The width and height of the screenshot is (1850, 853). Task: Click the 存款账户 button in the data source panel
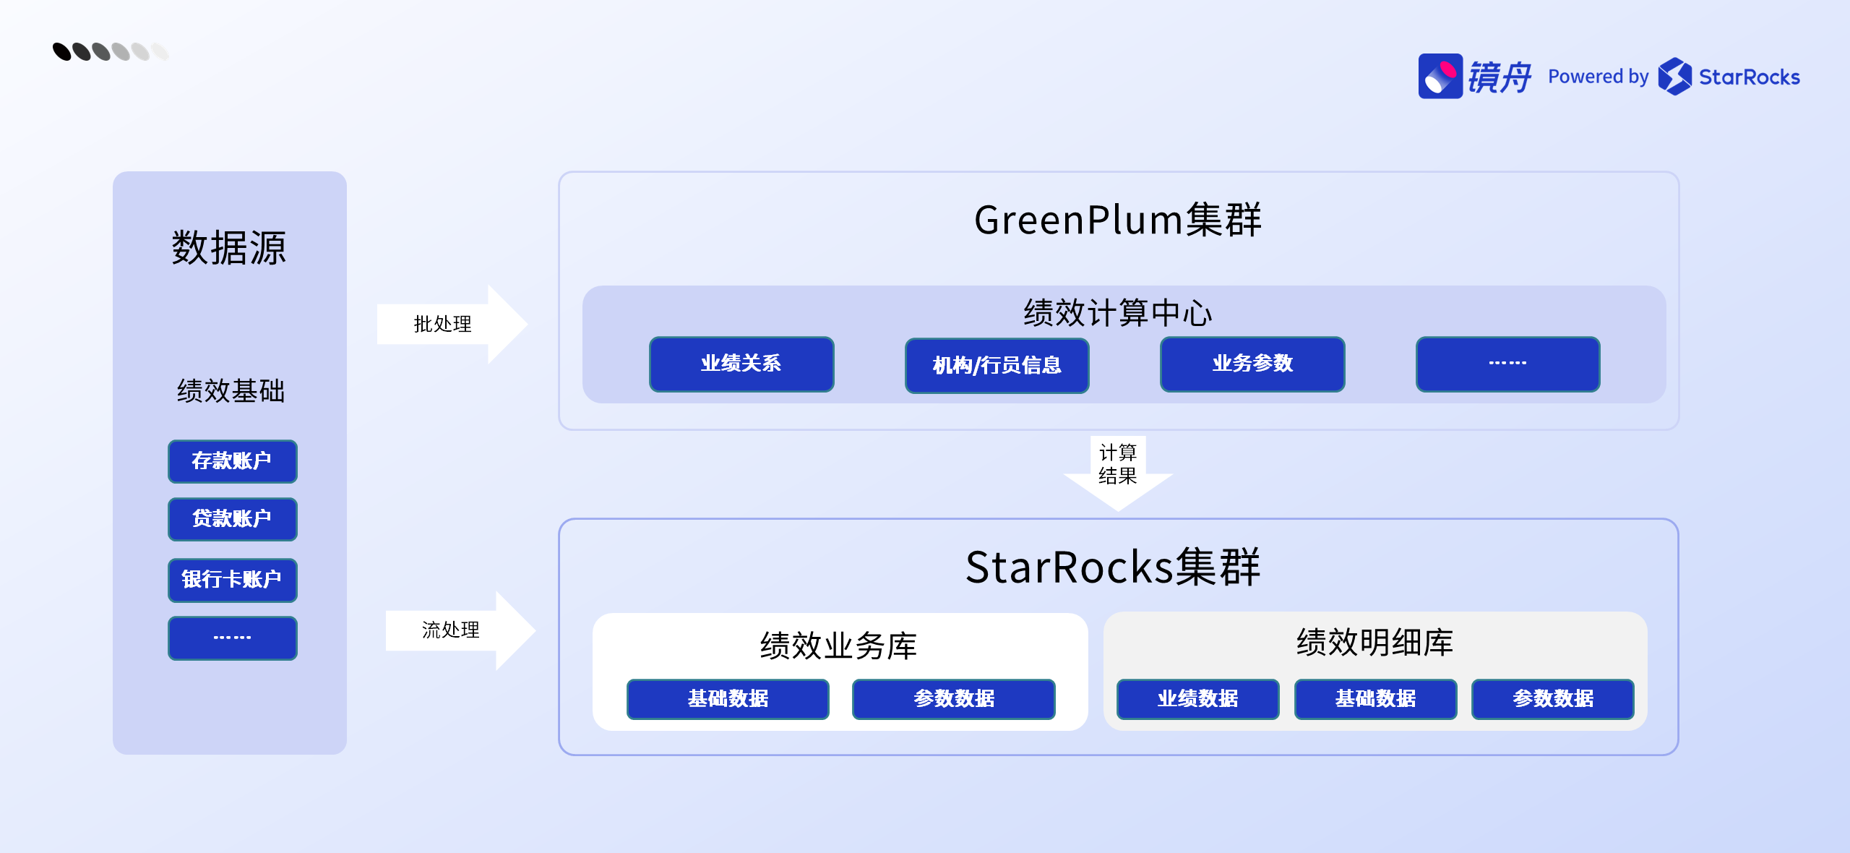(232, 461)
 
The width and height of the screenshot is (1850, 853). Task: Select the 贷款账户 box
(232, 519)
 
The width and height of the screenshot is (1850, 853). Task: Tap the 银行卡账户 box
(232, 580)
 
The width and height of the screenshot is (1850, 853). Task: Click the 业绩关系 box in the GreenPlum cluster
(741, 364)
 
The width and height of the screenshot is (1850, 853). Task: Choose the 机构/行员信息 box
(997, 365)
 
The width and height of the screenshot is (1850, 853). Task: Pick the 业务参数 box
(1252, 364)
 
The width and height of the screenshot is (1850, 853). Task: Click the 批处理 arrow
(452, 324)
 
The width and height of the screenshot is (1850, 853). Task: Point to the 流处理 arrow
(460, 630)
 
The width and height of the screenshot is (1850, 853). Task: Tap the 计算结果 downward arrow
(1117, 470)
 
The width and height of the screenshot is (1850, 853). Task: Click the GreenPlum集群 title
(1117, 220)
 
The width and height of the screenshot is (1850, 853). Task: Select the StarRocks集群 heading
(1113, 567)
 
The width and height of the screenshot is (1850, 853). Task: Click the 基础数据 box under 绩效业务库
(727, 698)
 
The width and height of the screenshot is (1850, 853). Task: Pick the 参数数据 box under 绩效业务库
(953, 698)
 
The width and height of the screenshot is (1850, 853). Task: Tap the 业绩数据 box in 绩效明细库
(1197, 698)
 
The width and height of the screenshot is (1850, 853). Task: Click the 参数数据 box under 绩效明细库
(1552, 698)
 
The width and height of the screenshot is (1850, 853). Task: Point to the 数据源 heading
(229, 248)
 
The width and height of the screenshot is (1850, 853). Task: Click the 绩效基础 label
(231, 391)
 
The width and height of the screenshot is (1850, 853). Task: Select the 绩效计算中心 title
(1117, 313)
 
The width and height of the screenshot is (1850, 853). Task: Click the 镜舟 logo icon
(1440, 76)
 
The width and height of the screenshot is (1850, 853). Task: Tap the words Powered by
(1598, 77)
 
